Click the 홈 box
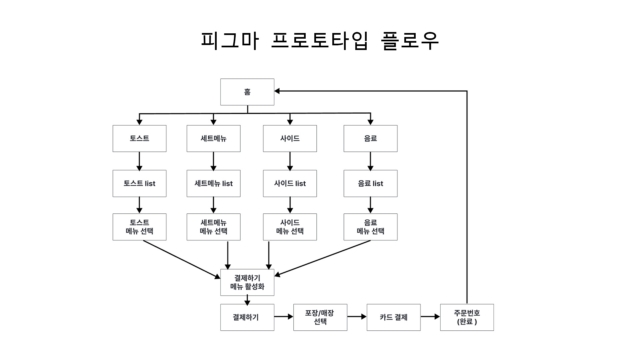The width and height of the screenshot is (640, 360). pyautogui.click(x=247, y=92)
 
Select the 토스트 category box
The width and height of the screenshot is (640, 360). pyautogui.click(x=139, y=138)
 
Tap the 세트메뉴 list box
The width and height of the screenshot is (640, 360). pyautogui.click(x=213, y=183)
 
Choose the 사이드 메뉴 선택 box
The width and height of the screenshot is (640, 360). pyautogui.click(x=290, y=227)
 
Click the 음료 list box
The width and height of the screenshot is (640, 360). pyautogui.click(x=370, y=183)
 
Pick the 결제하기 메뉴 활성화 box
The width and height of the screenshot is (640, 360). pyautogui.click(x=247, y=282)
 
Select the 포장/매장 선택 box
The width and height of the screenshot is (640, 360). pyautogui.click(x=320, y=317)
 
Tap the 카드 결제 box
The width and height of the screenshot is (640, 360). pyautogui.click(x=393, y=317)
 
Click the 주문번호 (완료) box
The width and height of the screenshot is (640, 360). pyautogui.click(x=467, y=317)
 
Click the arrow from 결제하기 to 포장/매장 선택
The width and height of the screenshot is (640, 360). pyautogui.click(x=283, y=317)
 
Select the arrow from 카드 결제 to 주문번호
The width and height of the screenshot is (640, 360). pyautogui.click(x=430, y=317)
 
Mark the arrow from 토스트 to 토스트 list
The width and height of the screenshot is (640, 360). pyautogui.click(x=139, y=161)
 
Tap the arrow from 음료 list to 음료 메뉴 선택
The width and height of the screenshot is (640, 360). pyautogui.click(x=370, y=205)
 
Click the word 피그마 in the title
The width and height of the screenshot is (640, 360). pyautogui.click(x=230, y=41)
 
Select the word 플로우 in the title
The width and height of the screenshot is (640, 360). pyautogui.click(x=410, y=41)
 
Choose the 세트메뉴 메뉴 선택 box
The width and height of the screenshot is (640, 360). pyautogui.click(x=213, y=227)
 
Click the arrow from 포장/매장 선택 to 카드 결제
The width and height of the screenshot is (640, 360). pyautogui.click(x=357, y=317)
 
